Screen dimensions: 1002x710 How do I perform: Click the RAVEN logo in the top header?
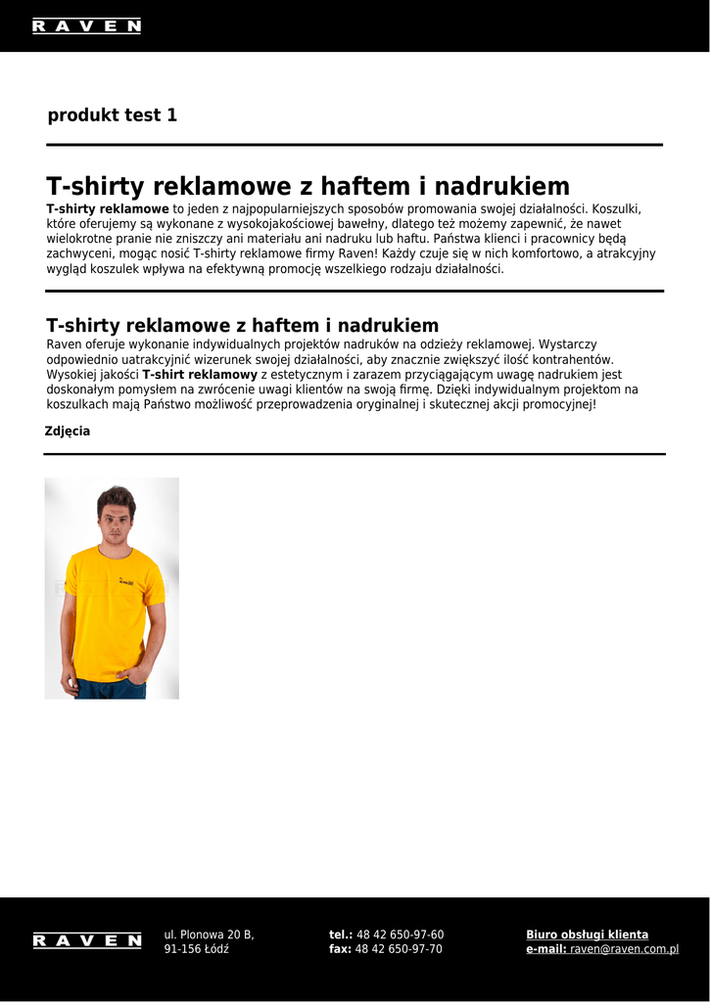[86, 26]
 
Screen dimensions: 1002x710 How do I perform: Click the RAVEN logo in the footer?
[86, 941]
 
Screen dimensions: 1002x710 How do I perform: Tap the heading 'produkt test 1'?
[113, 115]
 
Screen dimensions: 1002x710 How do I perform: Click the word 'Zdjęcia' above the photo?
[68, 432]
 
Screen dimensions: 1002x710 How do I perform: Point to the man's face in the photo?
[116, 520]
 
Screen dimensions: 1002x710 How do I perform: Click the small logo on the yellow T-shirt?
[125, 582]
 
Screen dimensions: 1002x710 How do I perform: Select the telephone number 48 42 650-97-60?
[400, 934]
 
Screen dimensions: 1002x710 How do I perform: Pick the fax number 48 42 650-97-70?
[399, 949]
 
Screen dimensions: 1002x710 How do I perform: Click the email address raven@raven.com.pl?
[624, 949]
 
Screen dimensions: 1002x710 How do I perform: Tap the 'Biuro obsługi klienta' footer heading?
[587, 934]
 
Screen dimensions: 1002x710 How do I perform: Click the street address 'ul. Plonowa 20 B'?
[209, 934]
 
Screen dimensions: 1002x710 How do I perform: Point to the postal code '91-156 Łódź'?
[196, 949]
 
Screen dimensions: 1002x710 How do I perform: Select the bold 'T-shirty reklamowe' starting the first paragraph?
[108, 209]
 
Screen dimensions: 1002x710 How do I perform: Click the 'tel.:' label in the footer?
[341, 934]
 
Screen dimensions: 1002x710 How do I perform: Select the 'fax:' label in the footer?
[340, 949]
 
